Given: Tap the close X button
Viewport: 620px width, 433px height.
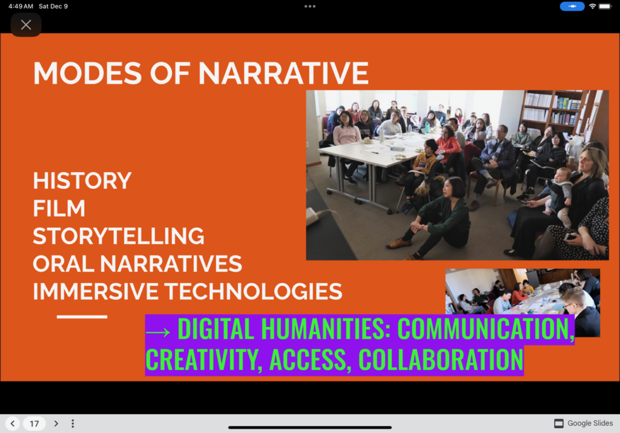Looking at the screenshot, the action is (x=26, y=25).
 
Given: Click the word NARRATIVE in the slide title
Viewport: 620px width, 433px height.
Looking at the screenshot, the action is (x=283, y=73).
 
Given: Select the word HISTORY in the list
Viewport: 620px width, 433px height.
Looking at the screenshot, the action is (x=82, y=180).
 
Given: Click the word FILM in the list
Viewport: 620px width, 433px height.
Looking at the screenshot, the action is (x=59, y=208).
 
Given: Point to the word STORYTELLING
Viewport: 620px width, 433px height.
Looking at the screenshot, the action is (x=118, y=236).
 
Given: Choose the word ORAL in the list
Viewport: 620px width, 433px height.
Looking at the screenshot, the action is (x=64, y=264).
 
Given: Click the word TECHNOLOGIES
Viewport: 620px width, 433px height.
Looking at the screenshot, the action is (x=253, y=291).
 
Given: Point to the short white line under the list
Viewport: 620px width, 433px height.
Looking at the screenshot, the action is (x=82, y=317).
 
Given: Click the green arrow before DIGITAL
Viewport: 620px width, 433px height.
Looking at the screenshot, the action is (x=158, y=332).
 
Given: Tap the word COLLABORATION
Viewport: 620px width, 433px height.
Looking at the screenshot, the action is (x=441, y=360).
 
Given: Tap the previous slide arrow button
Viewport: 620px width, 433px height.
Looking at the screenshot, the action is (x=13, y=423).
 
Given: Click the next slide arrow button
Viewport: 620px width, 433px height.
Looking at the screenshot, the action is (x=56, y=423).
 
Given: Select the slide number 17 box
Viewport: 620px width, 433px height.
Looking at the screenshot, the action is (x=35, y=423).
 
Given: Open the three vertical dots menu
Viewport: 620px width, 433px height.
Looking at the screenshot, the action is (x=73, y=423).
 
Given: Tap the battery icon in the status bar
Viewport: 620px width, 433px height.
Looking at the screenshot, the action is (x=605, y=6).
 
